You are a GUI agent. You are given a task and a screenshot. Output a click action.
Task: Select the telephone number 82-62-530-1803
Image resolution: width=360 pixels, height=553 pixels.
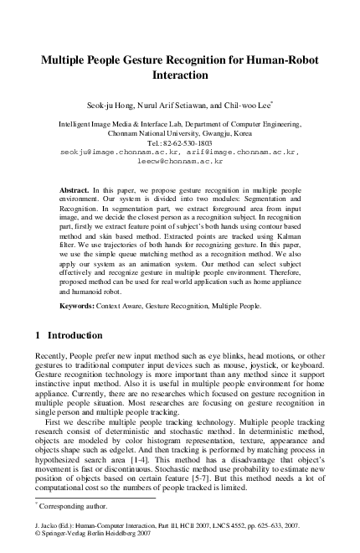coord(186,143)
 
